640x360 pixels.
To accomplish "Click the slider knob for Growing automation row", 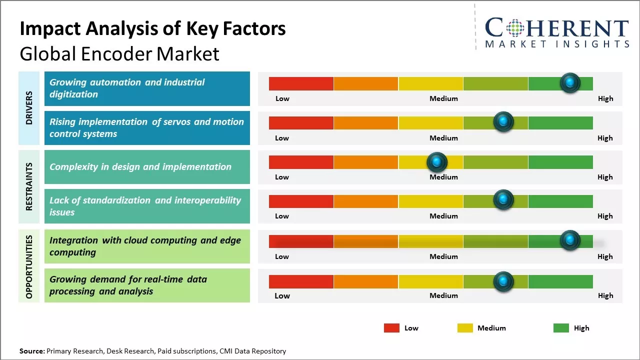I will click(570, 83).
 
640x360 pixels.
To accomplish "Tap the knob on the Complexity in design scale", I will click(437, 162).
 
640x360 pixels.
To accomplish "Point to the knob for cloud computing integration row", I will click(570, 240).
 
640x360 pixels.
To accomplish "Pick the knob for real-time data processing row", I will click(503, 281).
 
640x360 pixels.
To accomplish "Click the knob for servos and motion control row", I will click(503, 122).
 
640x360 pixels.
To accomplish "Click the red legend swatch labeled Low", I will click(391, 328).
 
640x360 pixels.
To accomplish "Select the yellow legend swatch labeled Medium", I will click(465, 328).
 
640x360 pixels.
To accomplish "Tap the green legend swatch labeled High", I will click(561, 328).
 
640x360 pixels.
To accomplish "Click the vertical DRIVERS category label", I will click(29, 107).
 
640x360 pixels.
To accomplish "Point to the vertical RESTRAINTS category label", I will click(29, 186).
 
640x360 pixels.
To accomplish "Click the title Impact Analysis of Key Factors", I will click(152, 29).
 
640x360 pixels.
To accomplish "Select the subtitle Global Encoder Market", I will click(119, 53).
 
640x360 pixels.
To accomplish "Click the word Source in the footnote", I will click(31, 351).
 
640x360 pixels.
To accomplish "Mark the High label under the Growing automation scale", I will click(605, 98).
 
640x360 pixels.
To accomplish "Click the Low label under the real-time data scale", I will click(282, 295).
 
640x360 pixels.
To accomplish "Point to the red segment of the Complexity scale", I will click(301, 162).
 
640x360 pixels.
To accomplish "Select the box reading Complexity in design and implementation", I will click(147, 167).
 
